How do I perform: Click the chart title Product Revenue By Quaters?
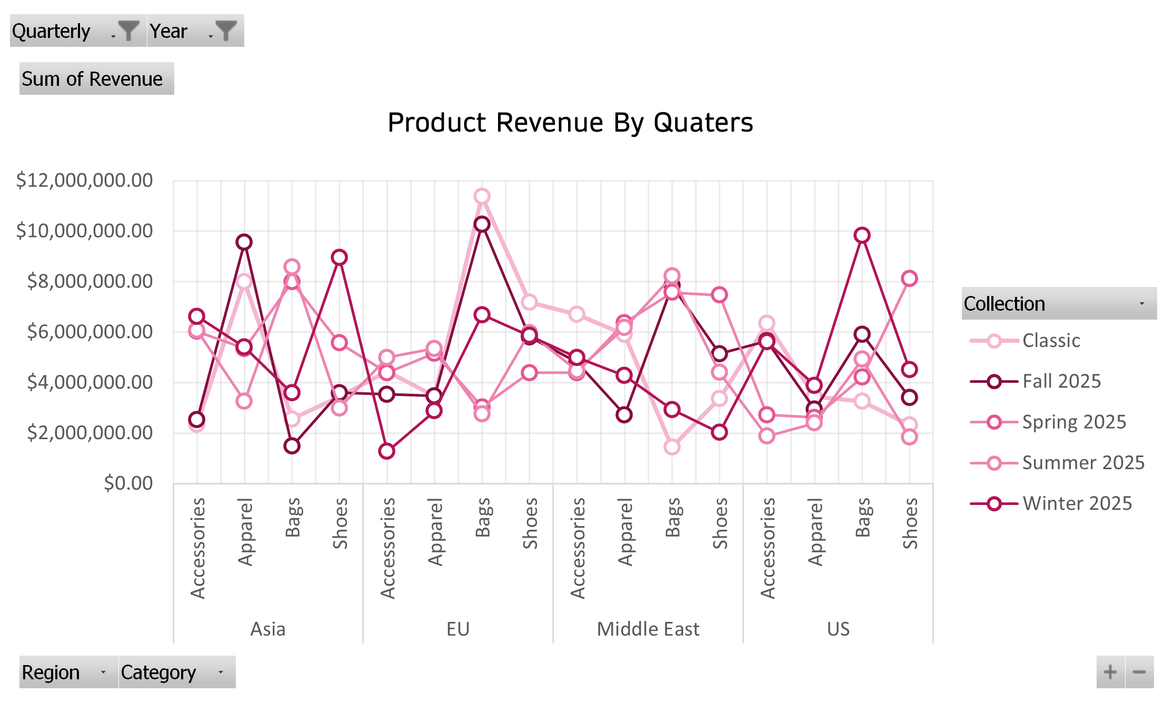[x=570, y=123]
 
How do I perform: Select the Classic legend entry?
[x=1051, y=341]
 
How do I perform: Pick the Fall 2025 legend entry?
[x=1061, y=381]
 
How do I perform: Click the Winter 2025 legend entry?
[x=1077, y=504]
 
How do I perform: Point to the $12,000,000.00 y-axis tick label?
[x=84, y=181]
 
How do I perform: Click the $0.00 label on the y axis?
[x=128, y=483]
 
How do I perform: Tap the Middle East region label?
[x=648, y=629]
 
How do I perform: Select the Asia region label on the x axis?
[x=268, y=629]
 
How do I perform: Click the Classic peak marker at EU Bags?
[x=482, y=196]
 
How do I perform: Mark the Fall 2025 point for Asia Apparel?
[x=244, y=242]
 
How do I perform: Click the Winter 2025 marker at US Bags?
[x=862, y=235]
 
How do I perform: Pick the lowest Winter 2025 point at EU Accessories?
[x=387, y=451]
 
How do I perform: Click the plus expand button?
[x=1110, y=672]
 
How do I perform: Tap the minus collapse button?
[x=1139, y=672]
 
